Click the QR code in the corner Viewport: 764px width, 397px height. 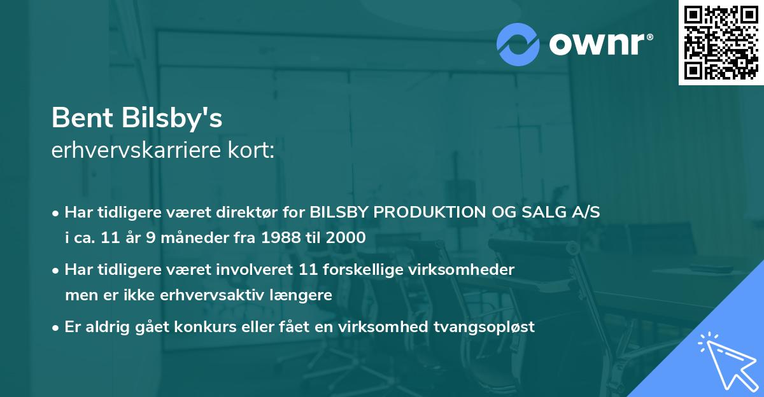(x=721, y=43)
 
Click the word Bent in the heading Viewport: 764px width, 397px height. (x=78, y=118)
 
